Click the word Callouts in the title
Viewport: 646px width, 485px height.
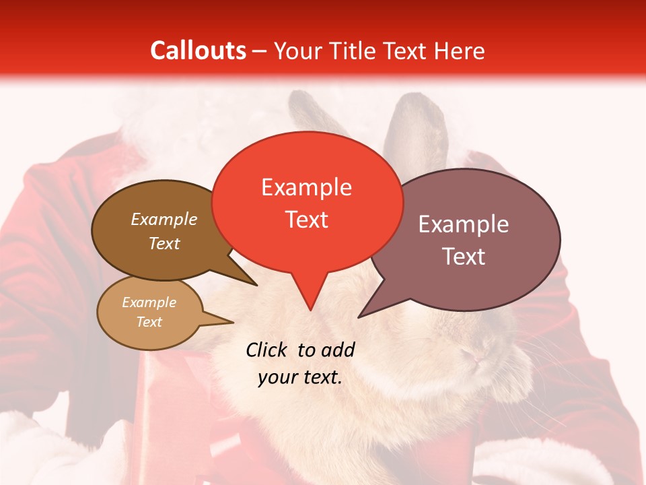click(x=198, y=51)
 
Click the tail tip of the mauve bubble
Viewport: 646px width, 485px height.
click(x=359, y=317)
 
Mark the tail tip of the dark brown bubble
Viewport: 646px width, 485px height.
click(x=256, y=285)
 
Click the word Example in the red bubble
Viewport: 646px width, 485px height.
click(x=306, y=187)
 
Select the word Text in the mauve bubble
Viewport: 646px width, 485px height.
click(x=464, y=257)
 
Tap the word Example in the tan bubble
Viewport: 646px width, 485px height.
click(x=149, y=302)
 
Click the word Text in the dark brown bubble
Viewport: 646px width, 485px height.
click(x=164, y=243)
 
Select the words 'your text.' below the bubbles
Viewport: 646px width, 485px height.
click(x=300, y=377)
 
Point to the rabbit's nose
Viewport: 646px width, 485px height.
click(x=479, y=358)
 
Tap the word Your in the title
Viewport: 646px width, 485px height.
click(x=297, y=51)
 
